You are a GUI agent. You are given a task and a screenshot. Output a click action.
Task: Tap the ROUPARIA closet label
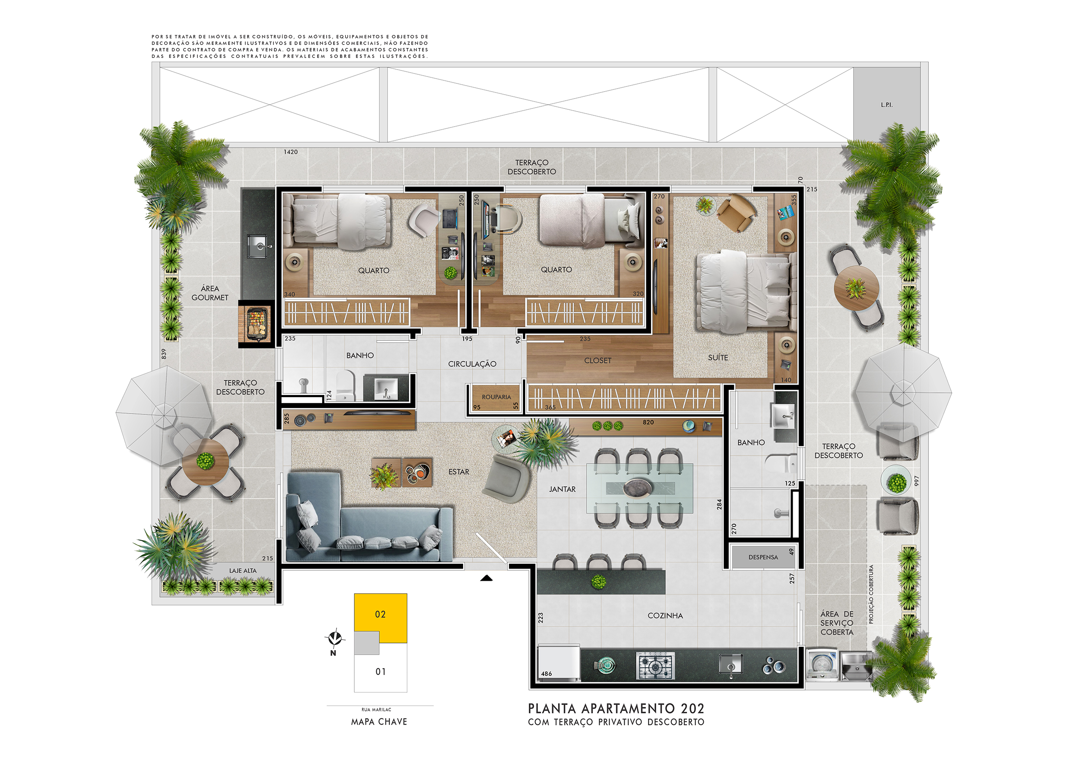point(496,397)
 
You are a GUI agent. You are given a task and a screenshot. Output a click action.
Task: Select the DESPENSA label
point(763,557)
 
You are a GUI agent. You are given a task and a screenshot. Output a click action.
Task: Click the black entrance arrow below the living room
point(486,578)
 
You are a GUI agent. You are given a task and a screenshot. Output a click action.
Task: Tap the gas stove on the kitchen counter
point(655,665)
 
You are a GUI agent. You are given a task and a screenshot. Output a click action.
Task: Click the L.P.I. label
point(886,105)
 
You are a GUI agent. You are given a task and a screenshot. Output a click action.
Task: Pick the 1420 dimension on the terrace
point(291,152)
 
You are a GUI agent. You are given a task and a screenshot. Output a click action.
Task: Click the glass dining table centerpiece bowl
point(637,488)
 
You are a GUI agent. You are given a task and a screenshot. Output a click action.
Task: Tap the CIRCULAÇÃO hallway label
point(472,364)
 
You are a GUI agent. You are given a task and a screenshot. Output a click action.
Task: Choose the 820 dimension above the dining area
point(648,423)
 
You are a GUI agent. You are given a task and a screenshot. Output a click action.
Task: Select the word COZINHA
point(665,616)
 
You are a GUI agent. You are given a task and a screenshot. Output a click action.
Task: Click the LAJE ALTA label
point(243,571)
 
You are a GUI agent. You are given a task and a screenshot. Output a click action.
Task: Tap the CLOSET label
point(598,361)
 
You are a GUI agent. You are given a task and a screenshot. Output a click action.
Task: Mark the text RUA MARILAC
point(376,710)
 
